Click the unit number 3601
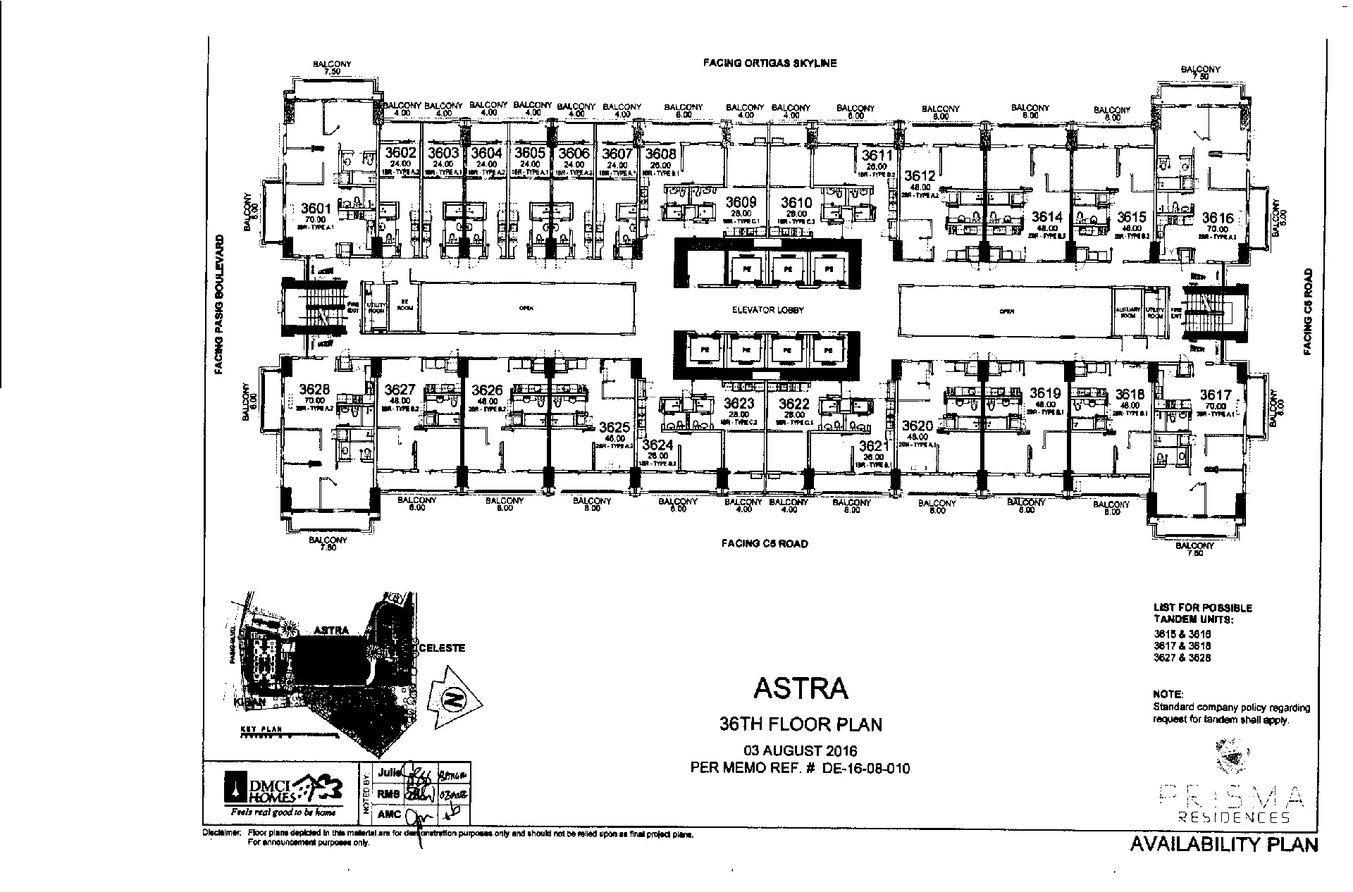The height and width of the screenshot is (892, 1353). coord(315,209)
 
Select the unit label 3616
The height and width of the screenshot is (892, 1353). coord(1218,218)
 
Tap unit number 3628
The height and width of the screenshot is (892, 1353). coord(314,390)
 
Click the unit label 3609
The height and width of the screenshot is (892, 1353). coord(741,203)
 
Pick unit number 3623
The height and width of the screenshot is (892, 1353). coord(739,404)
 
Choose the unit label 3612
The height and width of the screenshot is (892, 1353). coord(920,176)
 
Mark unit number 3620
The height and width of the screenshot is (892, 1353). coord(917,426)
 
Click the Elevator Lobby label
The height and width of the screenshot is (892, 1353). coord(767,310)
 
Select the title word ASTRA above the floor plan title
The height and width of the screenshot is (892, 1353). coord(801,688)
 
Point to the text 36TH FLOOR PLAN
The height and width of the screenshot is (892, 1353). coord(801,724)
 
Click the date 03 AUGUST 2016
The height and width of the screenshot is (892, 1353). coord(801,751)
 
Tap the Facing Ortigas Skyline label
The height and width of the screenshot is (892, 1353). coord(770,63)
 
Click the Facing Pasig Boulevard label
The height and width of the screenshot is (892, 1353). coord(220,304)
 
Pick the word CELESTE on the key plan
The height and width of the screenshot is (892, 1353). coord(442,648)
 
